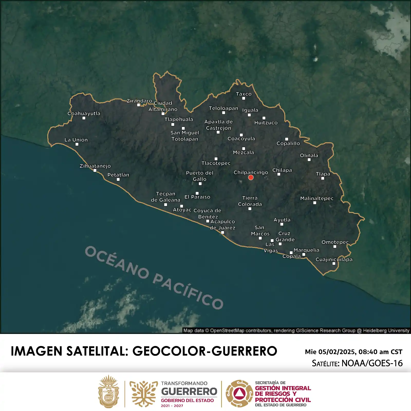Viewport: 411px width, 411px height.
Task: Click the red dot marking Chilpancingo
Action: (x=251, y=178)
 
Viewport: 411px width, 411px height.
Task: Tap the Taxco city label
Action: (x=244, y=94)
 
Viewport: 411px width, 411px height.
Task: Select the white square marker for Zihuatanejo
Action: (x=95, y=171)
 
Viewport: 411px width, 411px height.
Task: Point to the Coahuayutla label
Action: (x=84, y=113)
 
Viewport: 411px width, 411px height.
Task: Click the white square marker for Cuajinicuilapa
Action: (x=334, y=264)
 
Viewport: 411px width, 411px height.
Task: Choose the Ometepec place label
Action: (x=335, y=242)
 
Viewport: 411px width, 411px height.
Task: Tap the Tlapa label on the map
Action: (x=323, y=174)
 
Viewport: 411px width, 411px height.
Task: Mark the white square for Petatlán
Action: (x=118, y=180)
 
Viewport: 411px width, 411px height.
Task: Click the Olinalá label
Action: (x=309, y=155)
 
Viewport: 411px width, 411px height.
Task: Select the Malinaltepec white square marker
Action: (x=315, y=203)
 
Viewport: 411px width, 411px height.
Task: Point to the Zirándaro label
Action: (x=139, y=101)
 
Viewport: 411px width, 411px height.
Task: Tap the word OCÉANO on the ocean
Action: (x=117, y=262)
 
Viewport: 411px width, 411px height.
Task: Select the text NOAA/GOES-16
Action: (x=372, y=363)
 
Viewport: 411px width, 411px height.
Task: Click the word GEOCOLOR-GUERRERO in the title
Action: (x=205, y=351)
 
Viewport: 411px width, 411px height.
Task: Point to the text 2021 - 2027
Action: (x=172, y=406)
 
